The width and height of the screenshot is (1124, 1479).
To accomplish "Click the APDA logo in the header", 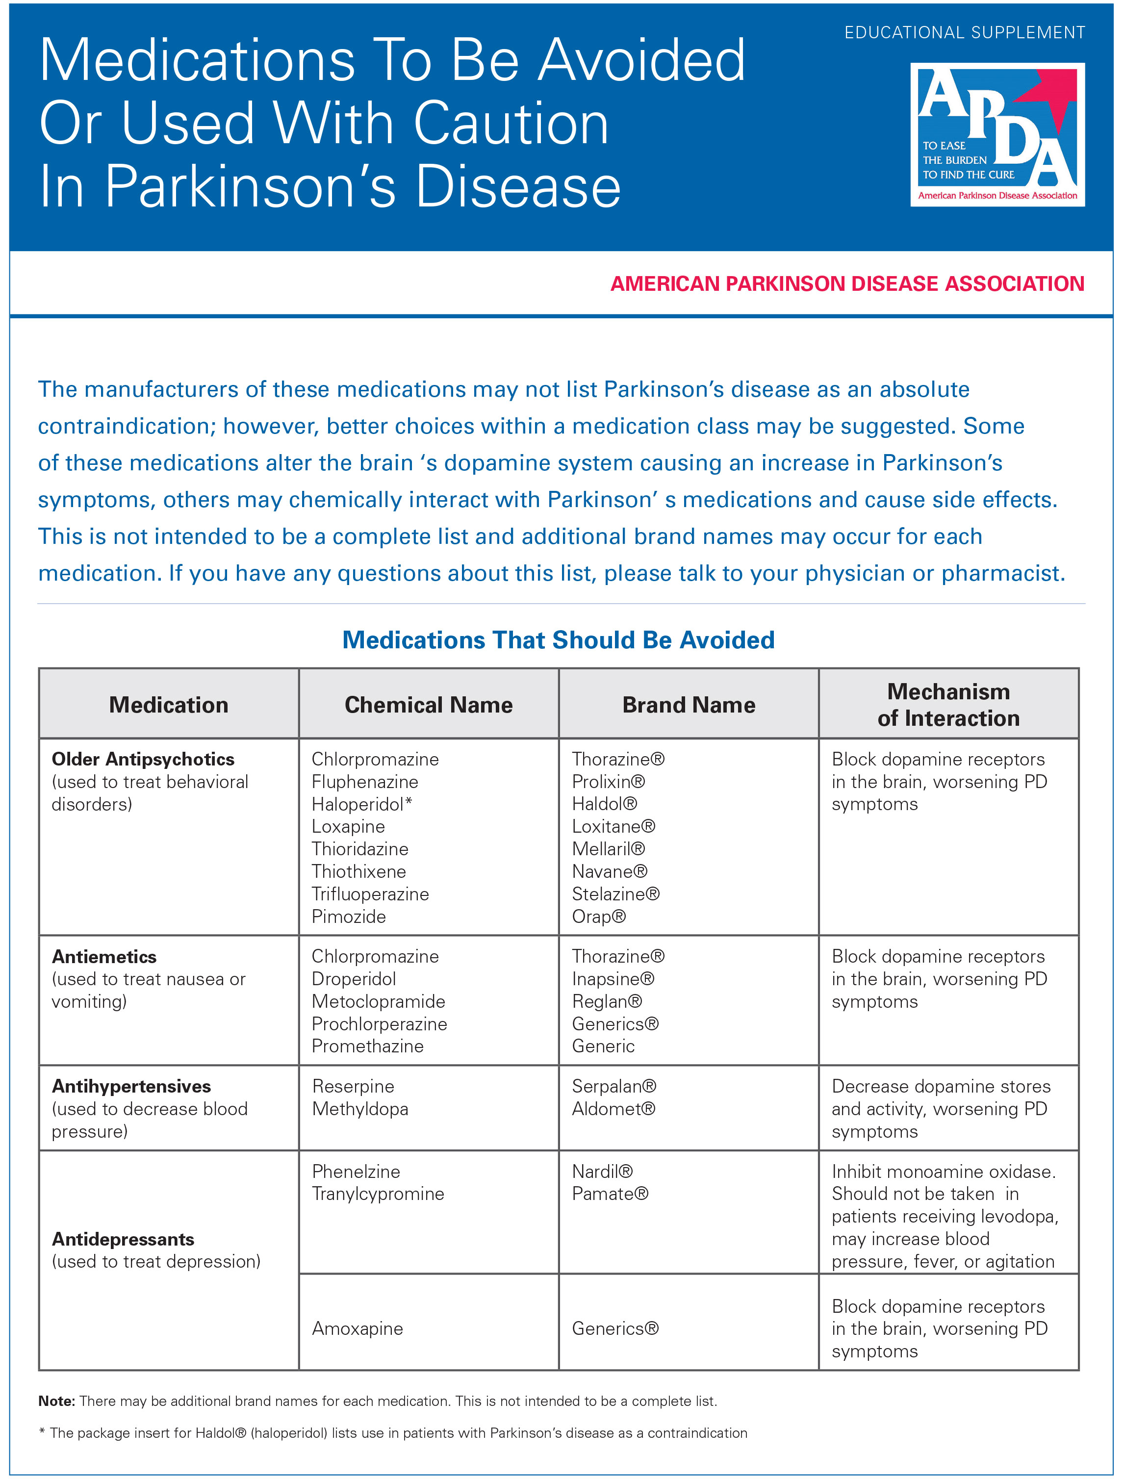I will [997, 134].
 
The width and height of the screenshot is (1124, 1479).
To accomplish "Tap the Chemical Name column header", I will [428, 705].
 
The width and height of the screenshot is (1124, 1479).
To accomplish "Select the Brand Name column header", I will [689, 705].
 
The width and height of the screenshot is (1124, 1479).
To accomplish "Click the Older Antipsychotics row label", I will [143, 759].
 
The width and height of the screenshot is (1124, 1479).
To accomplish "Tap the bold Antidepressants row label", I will [123, 1240].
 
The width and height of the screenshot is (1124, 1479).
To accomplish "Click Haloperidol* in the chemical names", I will [361, 804].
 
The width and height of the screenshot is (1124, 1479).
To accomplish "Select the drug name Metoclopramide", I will [378, 1001].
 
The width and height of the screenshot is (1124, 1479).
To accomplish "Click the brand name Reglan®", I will [607, 1001].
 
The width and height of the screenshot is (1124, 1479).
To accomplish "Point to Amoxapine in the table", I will [358, 1328].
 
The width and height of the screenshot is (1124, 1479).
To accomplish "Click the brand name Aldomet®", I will [613, 1109].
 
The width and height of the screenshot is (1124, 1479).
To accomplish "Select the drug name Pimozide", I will [349, 917].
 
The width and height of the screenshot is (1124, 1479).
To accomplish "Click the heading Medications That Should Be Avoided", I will [558, 640].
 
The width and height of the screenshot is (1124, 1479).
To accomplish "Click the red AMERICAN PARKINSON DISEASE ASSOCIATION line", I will [847, 283].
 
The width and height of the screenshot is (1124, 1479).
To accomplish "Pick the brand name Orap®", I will [599, 917].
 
